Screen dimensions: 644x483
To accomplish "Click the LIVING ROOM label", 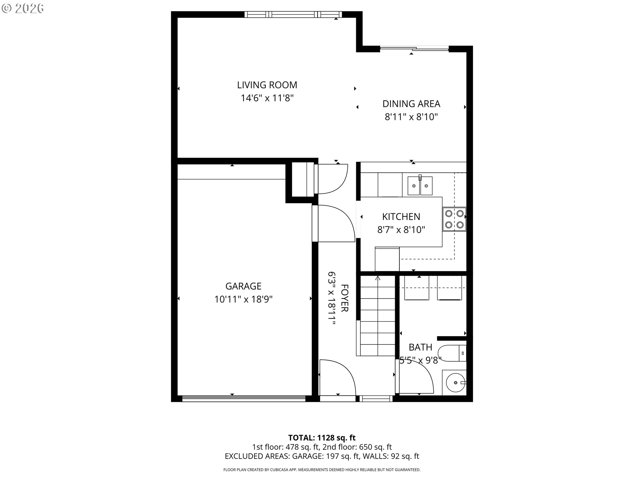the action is [267, 85].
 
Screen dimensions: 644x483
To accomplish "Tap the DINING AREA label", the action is [411, 104].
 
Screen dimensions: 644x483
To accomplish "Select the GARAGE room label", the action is [243, 286].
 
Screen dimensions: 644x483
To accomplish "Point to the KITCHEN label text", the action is [401, 217].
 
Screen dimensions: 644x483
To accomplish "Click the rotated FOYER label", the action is [344, 298].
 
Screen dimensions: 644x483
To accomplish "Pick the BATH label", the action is [420, 347].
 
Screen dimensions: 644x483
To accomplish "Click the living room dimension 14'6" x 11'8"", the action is [267, 98].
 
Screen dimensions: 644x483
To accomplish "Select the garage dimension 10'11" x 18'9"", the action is [244, 299].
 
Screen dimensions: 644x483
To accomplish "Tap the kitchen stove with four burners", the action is [454, 219].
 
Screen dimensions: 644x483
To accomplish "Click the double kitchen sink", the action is [420, 185].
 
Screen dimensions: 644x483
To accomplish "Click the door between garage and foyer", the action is [333, 223].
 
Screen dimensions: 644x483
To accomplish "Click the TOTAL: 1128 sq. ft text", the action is [322, 438].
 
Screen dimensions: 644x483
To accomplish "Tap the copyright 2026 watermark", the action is [22, 8].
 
